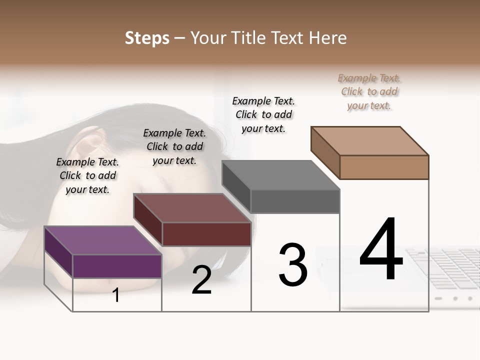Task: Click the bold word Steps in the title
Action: (x=147, y=38)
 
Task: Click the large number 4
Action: (x=381, y=250)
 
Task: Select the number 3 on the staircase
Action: (x=292, y=265)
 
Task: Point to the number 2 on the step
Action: (x=201, y=280)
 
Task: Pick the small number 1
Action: (x=116, y=295)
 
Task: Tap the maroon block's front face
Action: (x=206, y=234)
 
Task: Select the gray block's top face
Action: (x=280, y=175)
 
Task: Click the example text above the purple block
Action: (x=87, y=175)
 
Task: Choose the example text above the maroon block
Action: (x=174, y=146)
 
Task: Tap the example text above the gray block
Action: (x=263, y=114)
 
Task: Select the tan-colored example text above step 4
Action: (x=369, y=91)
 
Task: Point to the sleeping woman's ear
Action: (x=90, y=145)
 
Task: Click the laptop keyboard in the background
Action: (x=445, y=265)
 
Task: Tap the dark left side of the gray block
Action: (x=236, y=186)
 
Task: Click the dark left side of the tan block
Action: (x=325, y=152)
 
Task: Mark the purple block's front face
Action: (x=117, y=266)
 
